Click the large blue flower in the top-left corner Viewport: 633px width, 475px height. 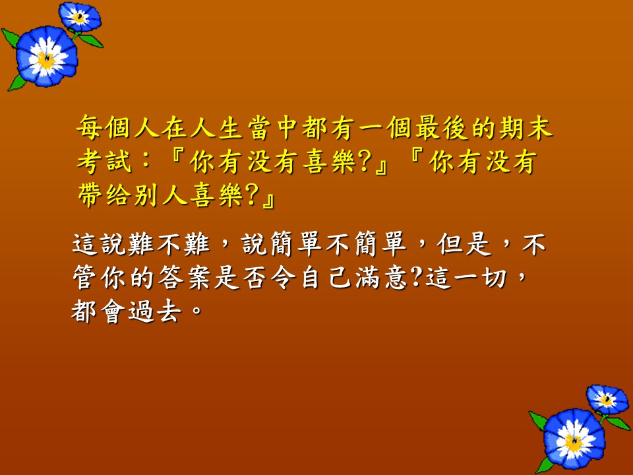tap(46, 57)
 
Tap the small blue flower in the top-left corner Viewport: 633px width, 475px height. tap(80, 16)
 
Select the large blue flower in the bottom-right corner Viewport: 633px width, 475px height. tap(574, 439)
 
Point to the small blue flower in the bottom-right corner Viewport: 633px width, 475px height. tap(607, 400)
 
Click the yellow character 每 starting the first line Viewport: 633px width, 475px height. tap(90, 127)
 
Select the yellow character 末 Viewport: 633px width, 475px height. tap(539, 127)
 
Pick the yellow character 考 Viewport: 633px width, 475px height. tap(90, 162)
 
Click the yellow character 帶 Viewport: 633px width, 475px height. tap(90, 195)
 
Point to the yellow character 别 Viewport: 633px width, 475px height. tap(147, 195)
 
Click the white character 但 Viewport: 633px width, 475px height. tap(450, 244)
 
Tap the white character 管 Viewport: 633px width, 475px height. tap(85, 278)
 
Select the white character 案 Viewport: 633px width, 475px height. tap(199, 278)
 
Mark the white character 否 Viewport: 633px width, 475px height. tap(256, 278)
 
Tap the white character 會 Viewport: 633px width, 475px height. tap(113, 311)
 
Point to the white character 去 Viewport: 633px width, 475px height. tap(169, 311)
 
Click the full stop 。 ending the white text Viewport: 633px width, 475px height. tap(196, 311)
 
